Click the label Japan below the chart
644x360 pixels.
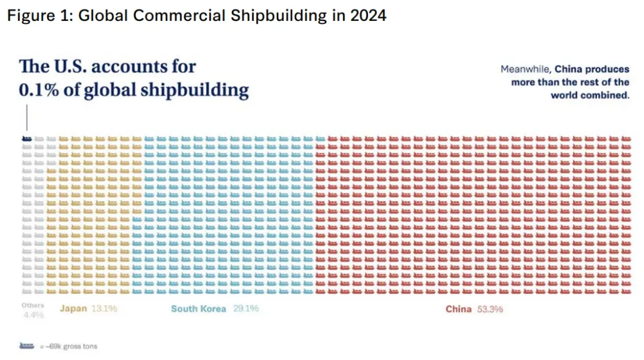(73, 309)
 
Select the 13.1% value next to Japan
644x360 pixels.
(104, 309)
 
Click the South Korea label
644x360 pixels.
(199, 309)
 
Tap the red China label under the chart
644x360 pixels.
(459, 309)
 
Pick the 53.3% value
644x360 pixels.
(490, 309)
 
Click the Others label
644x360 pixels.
(33, 305)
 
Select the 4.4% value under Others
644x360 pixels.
(34, 315)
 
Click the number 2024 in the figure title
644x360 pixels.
(369, 15)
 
